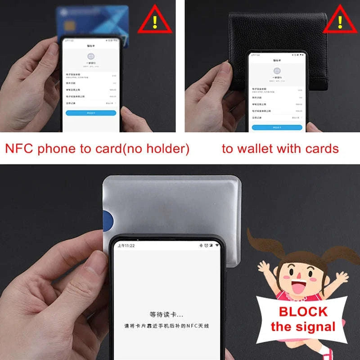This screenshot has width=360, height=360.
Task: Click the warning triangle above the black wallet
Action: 340,20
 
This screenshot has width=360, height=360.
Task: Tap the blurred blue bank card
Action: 90,20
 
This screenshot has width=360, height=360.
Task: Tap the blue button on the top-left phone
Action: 91,113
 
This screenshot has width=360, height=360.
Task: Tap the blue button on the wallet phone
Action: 277,127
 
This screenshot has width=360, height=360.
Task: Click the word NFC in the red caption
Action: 19,149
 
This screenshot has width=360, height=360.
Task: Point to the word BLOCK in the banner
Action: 303,311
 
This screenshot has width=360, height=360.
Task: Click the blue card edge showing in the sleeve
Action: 108,220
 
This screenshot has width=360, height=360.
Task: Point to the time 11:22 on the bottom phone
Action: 126,246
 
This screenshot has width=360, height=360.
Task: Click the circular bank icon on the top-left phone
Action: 91,57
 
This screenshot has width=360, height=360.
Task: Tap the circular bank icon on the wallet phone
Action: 277,71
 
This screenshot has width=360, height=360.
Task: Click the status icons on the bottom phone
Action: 209,246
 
